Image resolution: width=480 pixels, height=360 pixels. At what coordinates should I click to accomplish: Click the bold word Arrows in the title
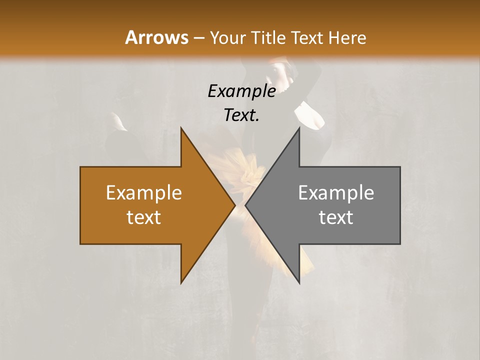[x=156, y=37]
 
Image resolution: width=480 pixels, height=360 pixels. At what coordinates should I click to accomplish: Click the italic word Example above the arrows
[x=242, y=91]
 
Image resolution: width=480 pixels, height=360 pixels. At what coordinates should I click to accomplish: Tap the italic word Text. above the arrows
[x=242, y=115]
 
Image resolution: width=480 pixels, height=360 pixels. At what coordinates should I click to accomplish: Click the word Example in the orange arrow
[x=144, y=193]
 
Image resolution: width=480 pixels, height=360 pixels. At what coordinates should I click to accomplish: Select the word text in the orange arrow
[x=144, y=217]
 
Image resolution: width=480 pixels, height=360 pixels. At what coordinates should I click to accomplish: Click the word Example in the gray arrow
[x=336, y=193]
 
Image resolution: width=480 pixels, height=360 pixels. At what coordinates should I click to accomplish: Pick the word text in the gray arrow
[x=336, y=217]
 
